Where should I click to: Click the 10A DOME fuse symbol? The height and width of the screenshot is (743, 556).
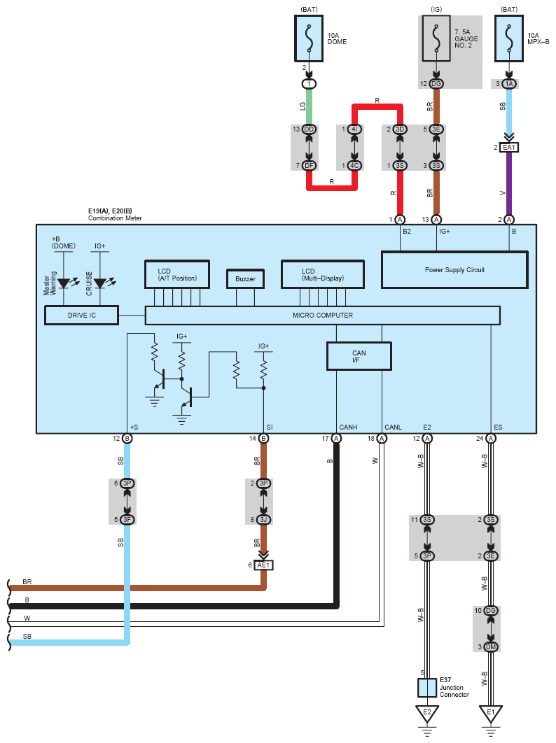pos(309,38)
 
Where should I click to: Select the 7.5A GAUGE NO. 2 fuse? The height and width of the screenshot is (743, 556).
pos(436,38)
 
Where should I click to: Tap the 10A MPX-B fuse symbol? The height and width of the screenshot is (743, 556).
pos(509,38)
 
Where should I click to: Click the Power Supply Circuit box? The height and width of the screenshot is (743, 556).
pos(454,269)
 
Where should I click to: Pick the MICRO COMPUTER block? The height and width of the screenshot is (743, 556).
pos(323,316)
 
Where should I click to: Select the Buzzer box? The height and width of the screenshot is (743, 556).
pos(245,279)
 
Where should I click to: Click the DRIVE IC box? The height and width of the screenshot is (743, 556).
pos(82,316)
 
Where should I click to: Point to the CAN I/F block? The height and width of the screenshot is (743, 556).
pos(359,356)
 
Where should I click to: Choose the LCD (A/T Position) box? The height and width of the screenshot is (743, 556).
pos(177,274)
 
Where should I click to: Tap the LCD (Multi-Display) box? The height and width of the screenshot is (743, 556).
pos(323,274)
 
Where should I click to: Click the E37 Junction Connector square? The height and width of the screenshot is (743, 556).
pos(427,688)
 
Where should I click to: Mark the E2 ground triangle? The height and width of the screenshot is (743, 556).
pos(427,714)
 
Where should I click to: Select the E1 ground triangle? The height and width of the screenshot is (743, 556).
pos(491,714)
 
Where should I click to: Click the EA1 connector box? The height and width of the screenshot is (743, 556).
pos(509,148)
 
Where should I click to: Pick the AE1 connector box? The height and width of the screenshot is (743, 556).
pos(263,565)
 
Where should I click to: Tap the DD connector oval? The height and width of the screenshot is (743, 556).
pos(309,129)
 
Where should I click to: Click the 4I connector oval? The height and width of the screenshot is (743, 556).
pos(354,129)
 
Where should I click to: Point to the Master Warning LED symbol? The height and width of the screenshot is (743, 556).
pos(64,283)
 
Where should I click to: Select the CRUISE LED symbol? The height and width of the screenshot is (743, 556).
pos(100,283)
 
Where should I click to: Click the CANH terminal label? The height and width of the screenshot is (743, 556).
pos(348,427)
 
